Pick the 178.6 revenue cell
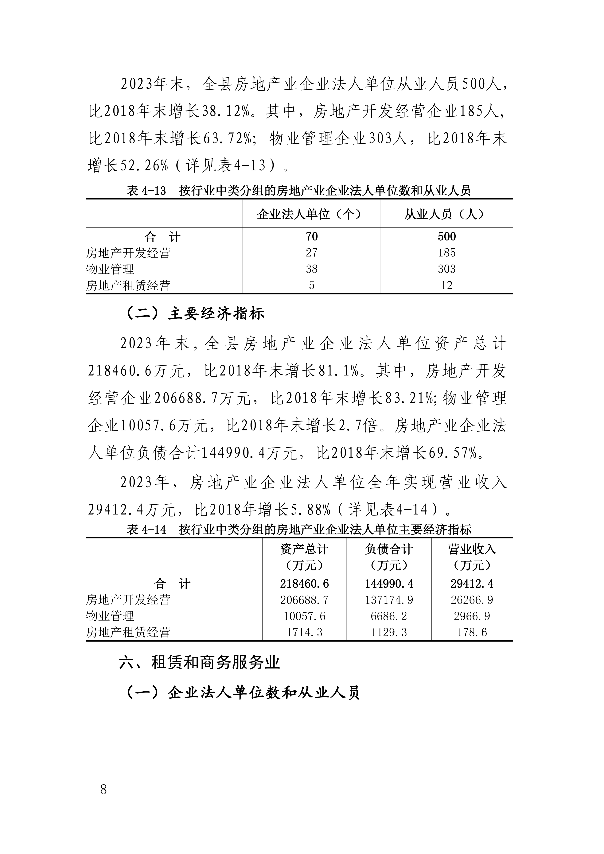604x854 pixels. pyautogui.click(x=472, y=632)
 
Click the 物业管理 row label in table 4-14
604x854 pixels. pyautogui.click(x=110, y=616)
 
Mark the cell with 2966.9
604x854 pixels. pyautogui.click(x=472, y=616)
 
